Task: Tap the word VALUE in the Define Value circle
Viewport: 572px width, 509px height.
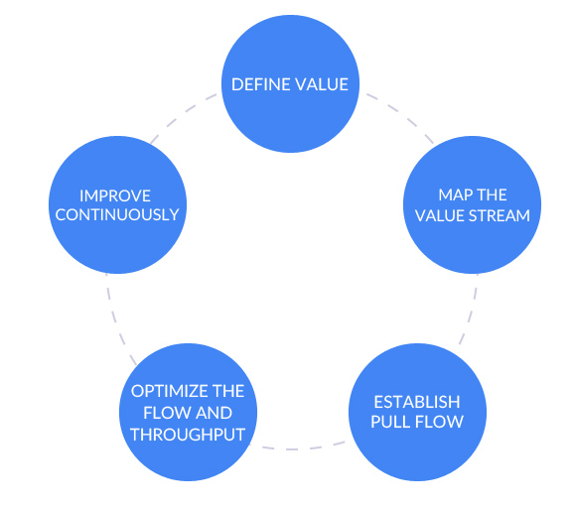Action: tap(320, 84)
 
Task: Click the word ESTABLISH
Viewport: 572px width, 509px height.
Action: tap(417, 401)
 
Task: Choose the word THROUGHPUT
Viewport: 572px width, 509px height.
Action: tap(188, 433)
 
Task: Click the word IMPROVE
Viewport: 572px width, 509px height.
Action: tap(115, 194)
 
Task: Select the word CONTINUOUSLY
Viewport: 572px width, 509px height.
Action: tap(115, 214)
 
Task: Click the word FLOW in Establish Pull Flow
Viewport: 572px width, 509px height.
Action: tap(439, 421)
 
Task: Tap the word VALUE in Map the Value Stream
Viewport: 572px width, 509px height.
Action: tap(441, 214)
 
